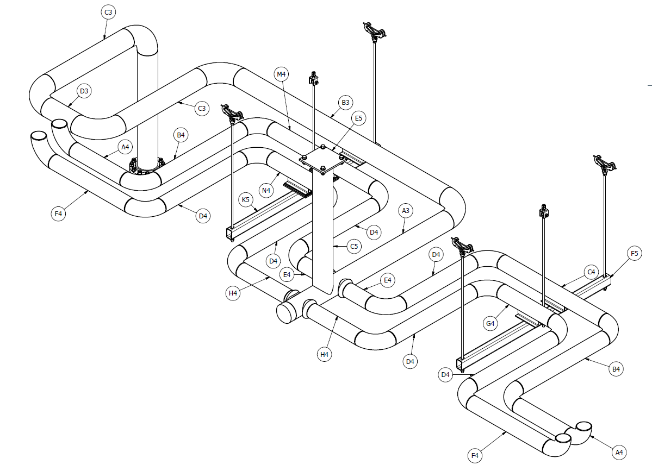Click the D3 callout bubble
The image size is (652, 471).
pyautogui.click(x=84, y=91)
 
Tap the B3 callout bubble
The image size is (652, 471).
pyautogui.click(x=345, y=102)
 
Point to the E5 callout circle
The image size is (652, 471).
pyautogui.click(x=358, y=118)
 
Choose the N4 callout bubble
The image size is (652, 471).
pyautogui.click(x=266, y=190)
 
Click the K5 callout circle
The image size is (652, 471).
pyautogui.click(x=246, y=200)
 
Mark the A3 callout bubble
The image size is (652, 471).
pyautogui.click(x=405, y=210)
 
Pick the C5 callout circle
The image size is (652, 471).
pyautogui.click(x=354, y=247)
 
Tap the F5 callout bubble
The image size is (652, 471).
pyautogui.click(x=634, y=253)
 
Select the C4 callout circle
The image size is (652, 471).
pyautogui.click(x=591, y=272)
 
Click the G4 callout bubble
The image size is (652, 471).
pyautogui.click(x=490, y=324)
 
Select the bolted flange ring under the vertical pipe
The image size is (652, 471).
pyautogui.click(x=146, y=166)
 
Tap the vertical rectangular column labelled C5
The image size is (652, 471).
pyautogui.click(x=323, y=228)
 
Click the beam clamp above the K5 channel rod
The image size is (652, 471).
pyautogui.click(x=232, y=113)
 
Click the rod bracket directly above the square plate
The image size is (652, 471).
pyautogui.click(x=313, y=80)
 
